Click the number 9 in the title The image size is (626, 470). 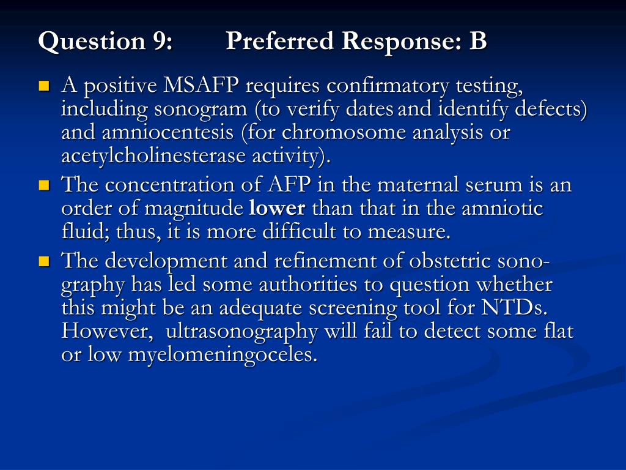click(160, 42)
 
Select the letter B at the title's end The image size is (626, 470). click(478, 42)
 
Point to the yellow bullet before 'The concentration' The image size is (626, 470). click(43, 185)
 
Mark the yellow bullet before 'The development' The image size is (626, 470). click(43, 261)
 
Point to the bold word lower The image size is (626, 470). click(278, 209)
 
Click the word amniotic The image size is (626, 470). click(503, 209)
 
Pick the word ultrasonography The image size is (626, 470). click(242, 332)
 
